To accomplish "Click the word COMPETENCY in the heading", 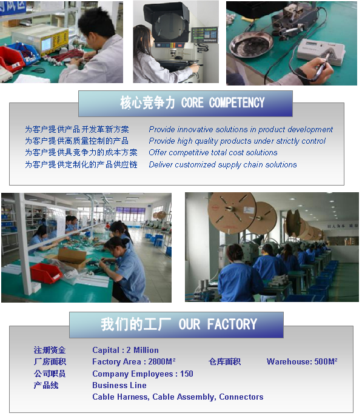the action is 236,102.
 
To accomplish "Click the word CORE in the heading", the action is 192,102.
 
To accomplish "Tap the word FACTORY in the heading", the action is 232,324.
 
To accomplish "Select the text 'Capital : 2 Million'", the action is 126,350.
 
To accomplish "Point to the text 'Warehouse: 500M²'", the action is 302,361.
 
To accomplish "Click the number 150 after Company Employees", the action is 186,374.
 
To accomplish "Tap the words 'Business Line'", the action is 119,385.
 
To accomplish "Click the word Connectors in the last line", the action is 241,397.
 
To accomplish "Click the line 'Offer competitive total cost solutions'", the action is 213,153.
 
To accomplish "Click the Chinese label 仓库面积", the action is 224,361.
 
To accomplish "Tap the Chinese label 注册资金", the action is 50,350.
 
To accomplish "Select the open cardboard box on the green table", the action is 72,257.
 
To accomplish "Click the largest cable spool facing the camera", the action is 232,213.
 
